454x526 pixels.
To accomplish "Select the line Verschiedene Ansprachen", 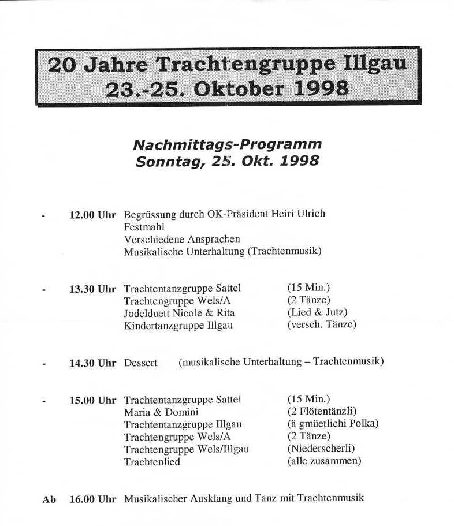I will pos(182,239).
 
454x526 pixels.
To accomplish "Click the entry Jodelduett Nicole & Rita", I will pos(179,313).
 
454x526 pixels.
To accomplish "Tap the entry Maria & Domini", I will pos(161,412).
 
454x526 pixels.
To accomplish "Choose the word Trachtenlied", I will pos(152,462).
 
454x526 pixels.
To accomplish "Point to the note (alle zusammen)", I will pos(323,461).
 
